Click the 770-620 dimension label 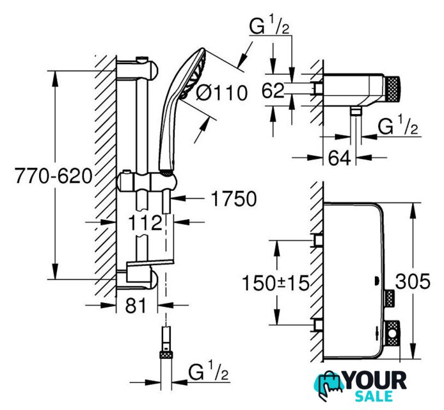(x=54, y=176)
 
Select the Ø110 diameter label (x=222, y=93)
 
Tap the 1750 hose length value (x=234, y=199)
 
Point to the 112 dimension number (x=145, y=222)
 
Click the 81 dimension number (x=136, y=305)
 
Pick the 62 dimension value (x=273, y=90)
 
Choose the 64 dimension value (x=340, y=158)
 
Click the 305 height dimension (x=413, y=282)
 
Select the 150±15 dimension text (x=276, y=283)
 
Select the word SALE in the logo (x=374, y=396)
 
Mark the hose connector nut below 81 (x=166, y=355)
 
